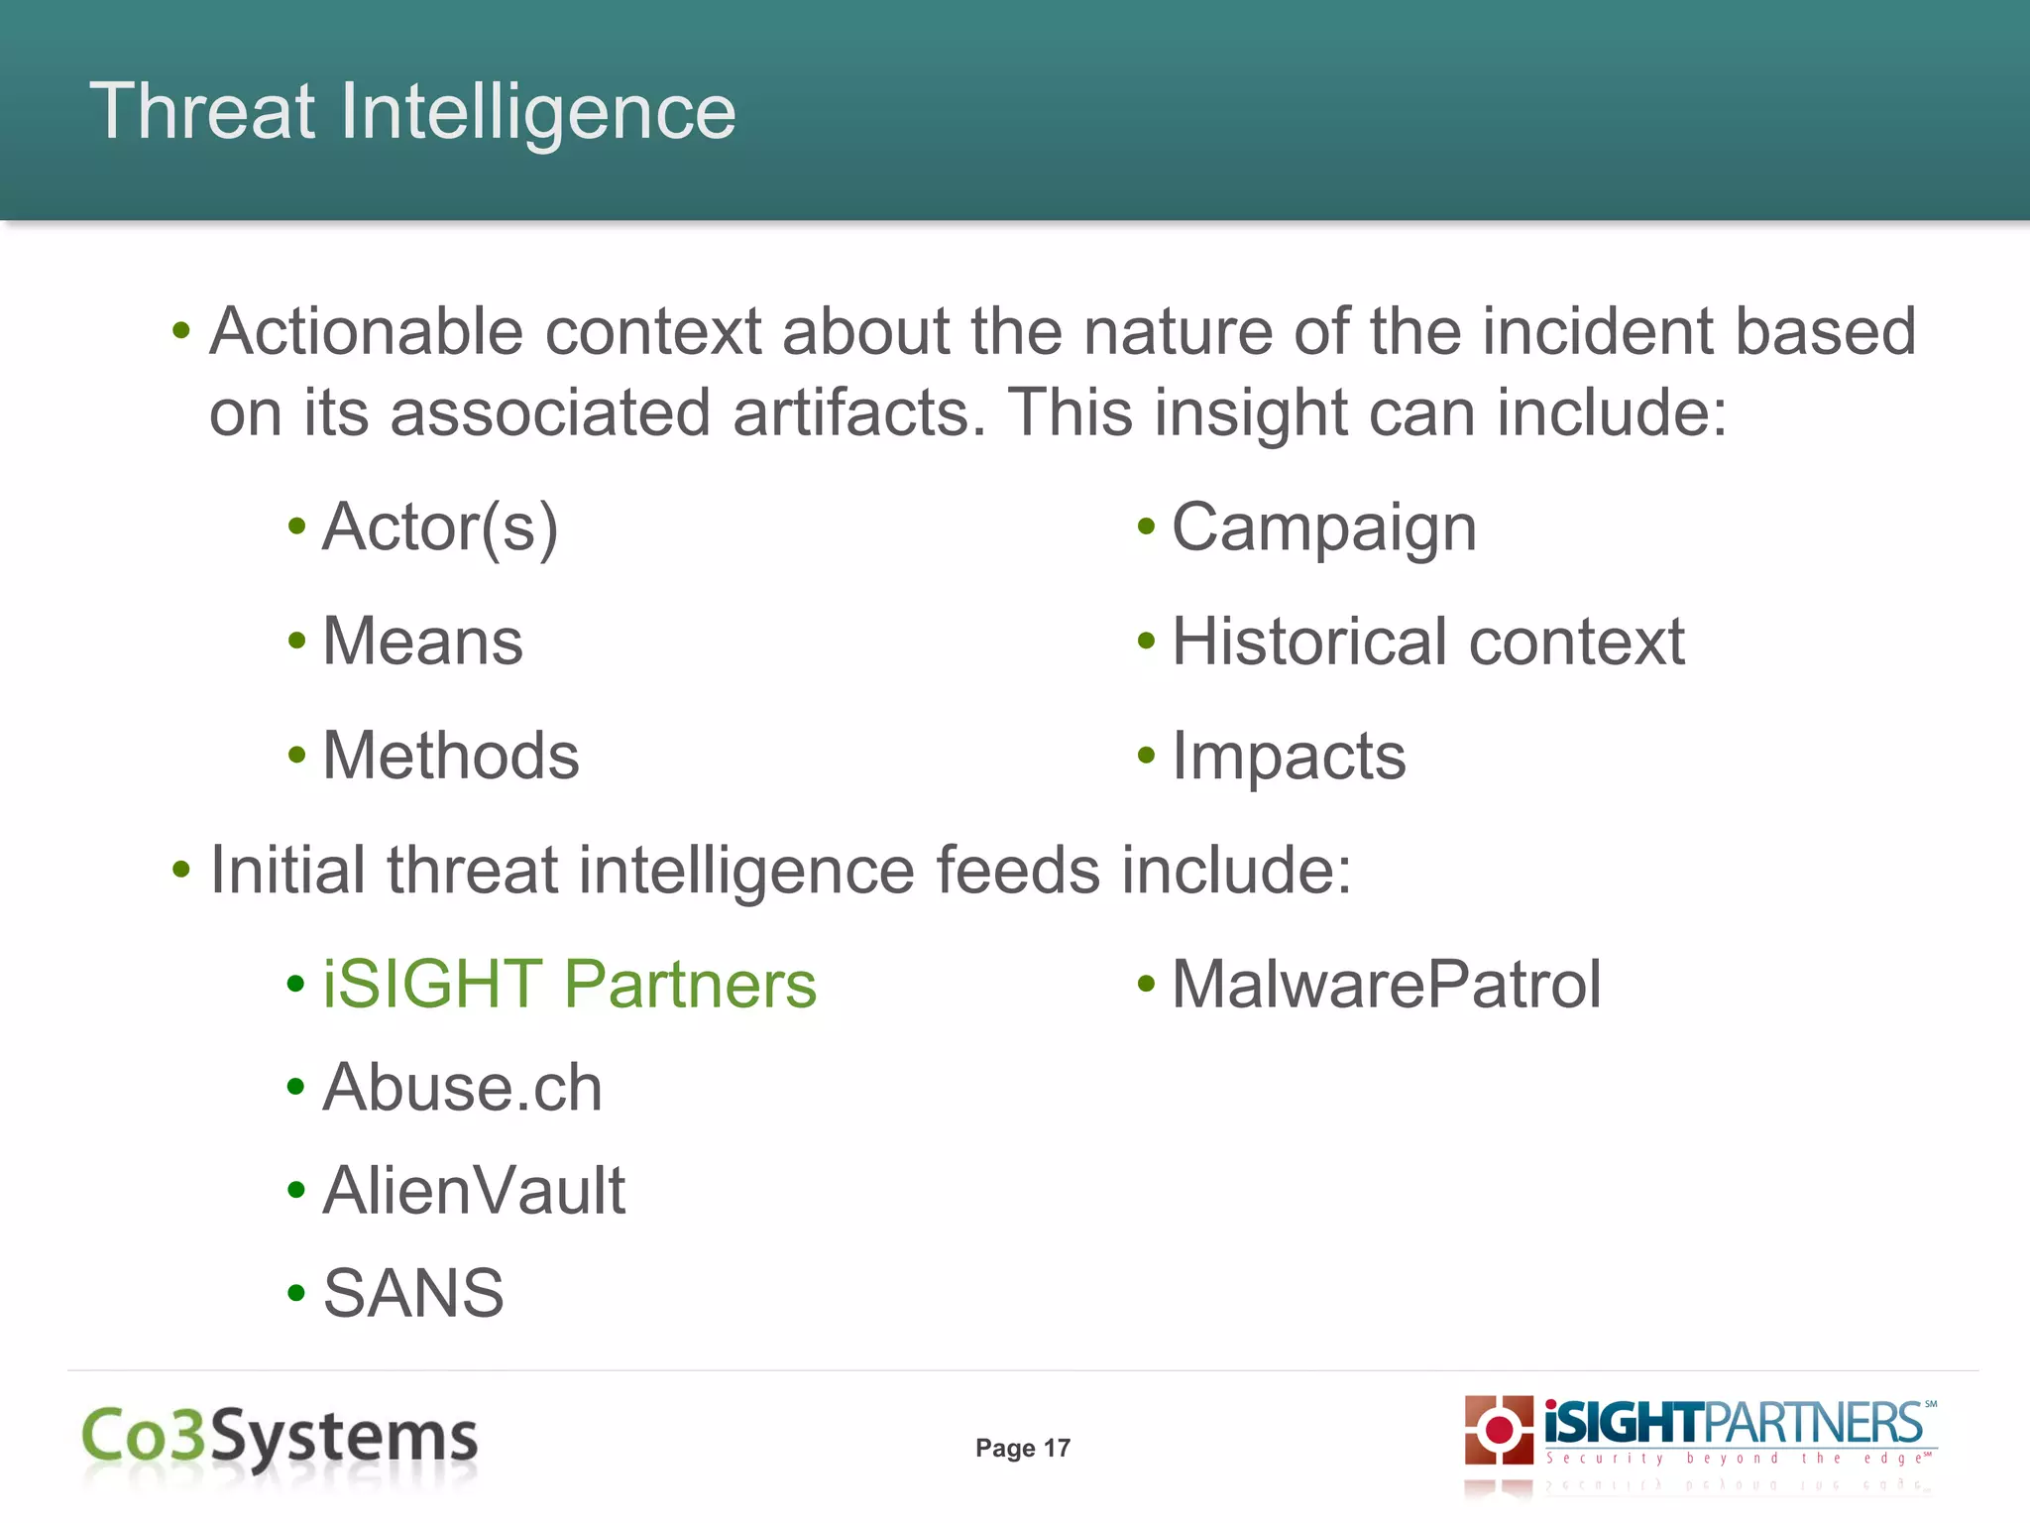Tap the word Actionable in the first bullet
tap(366, 331)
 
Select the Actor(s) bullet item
tap(440, 527)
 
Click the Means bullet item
tap(422, 642)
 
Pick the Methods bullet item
tap(451, 756)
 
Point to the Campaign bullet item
tap(1323, 527)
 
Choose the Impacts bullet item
tap(1288, 757)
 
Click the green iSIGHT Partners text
tap(570, 985)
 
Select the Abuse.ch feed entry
tap(462, 1088)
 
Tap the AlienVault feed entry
tap(474, 1190)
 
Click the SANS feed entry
tap(413, 1293)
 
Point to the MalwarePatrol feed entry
tap(1386, 985)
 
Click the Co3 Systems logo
tap(280, 1437)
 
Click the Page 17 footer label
tap(1022, 1448)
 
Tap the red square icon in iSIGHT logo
tap(1499, 1430)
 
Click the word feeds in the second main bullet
tap(1017, 871)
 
